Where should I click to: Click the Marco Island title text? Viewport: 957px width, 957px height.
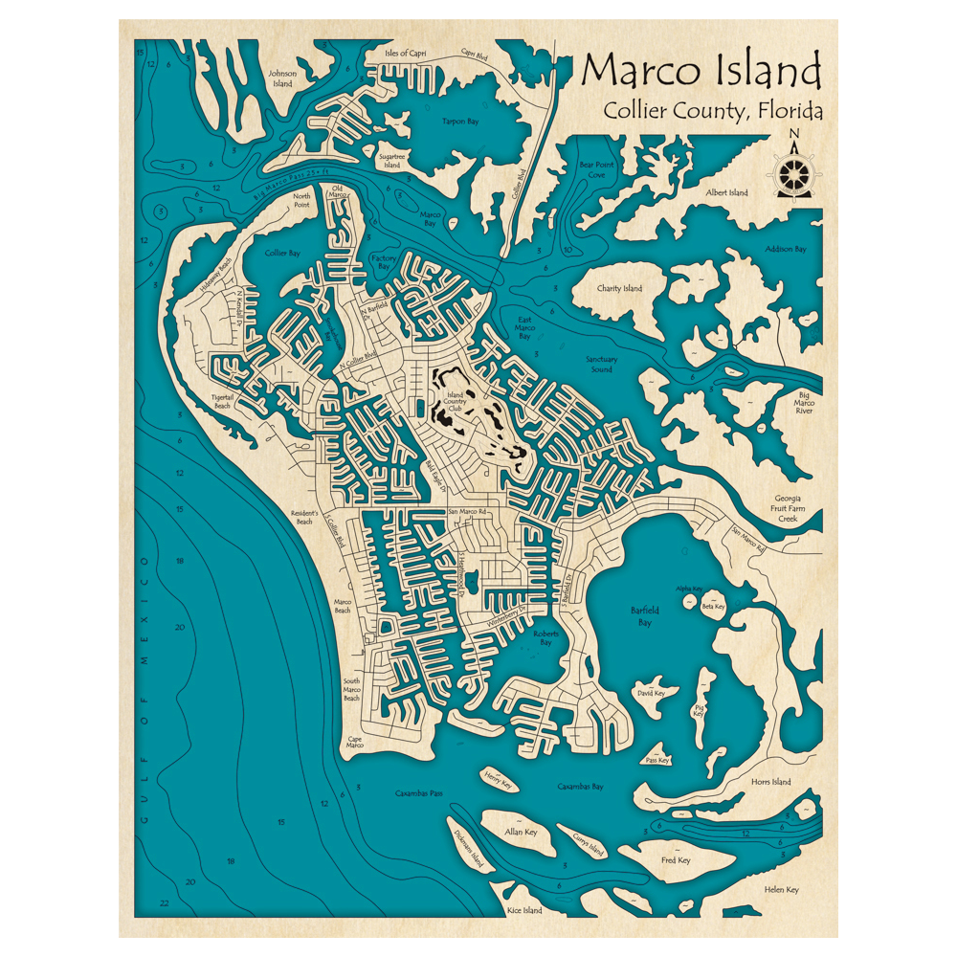point(701,71)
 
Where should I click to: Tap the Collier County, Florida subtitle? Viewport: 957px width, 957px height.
point(712,111)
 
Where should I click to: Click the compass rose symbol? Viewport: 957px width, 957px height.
point(793,172)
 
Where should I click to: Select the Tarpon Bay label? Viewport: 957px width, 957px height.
point(459,122)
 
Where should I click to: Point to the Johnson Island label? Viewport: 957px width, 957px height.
point(282,78)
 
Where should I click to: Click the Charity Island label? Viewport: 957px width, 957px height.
point(620,288)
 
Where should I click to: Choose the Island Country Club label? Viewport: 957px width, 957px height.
point(456,402)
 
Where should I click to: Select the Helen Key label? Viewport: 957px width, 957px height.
point(781,890)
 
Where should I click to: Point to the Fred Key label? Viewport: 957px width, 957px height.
point(676,860)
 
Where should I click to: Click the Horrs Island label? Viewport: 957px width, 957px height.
point(770,782)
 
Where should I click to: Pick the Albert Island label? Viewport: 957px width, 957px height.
point(727,192)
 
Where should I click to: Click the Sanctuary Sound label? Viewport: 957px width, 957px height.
point(602,364)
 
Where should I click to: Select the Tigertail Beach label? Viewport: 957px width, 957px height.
point(222,401)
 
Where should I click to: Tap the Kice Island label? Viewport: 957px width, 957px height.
point(524,910)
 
